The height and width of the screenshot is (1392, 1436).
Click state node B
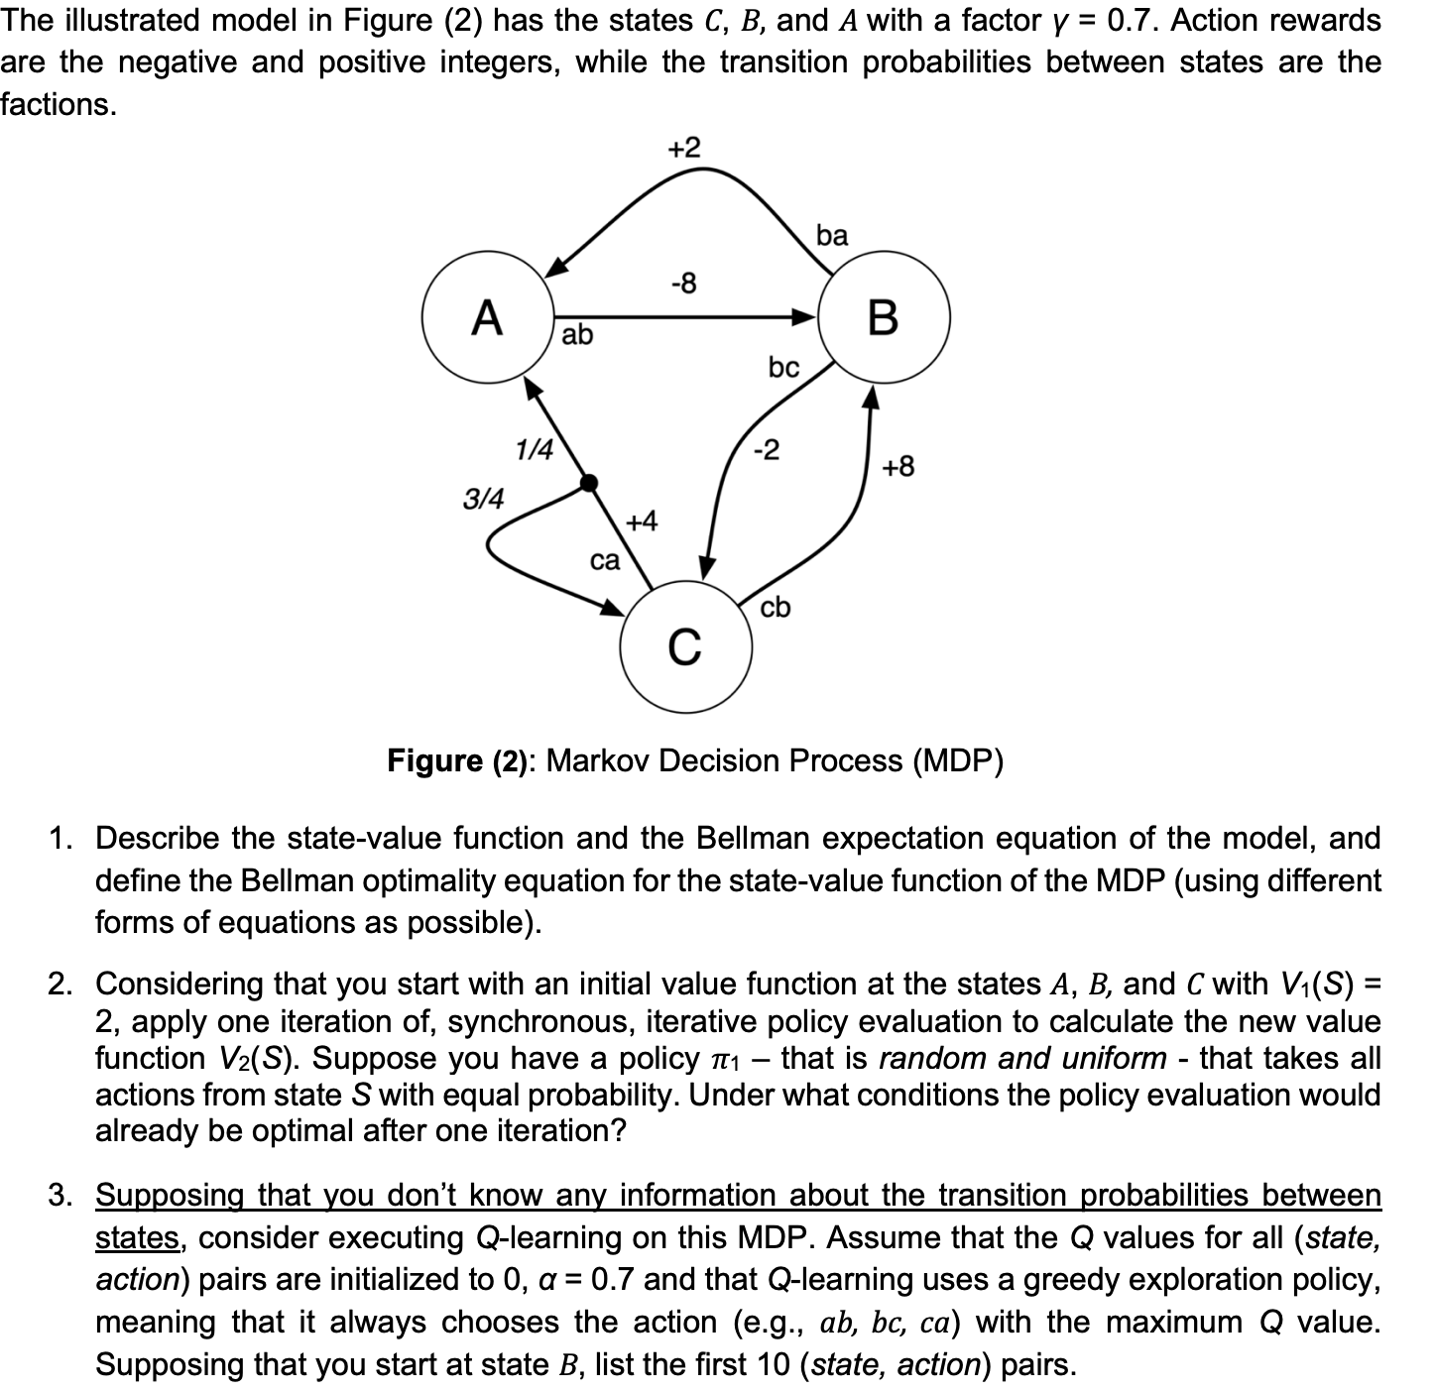[x=884, y=318]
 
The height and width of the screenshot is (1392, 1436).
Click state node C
[x=684, y=646]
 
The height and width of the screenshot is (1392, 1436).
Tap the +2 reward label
[x=682, y=149]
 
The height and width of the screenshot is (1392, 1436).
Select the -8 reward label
[x=683, y=284]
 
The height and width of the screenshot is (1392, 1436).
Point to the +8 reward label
[x=898, y=466]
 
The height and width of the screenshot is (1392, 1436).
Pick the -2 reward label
[x=766, y=450]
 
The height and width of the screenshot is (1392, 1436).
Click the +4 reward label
[x=641, y=521]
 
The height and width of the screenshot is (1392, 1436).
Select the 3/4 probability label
[x=483, y=498]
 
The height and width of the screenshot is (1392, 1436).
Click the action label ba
[x=831, y=235]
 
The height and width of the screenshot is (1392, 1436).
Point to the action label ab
[x=577, y=335]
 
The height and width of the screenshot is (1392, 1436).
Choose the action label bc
[x=782, y=368]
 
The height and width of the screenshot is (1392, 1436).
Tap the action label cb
[x=776, y=608]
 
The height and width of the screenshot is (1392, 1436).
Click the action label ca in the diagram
[x=604, y=561]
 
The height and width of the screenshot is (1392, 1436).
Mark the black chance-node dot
[x=588, y=483]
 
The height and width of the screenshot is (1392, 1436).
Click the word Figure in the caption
[x=433, y=760]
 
